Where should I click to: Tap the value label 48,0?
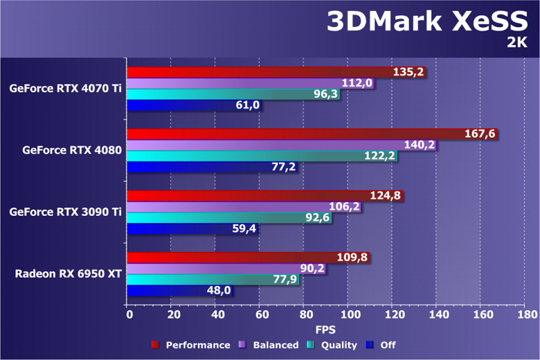coord(218,291)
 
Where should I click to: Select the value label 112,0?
coord(358,83)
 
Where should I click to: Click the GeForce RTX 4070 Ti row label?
coord(66,88)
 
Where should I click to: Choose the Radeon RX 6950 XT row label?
coord(69,274)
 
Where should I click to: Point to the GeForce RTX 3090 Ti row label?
coord(66,212)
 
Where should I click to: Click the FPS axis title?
coord(325,330)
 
